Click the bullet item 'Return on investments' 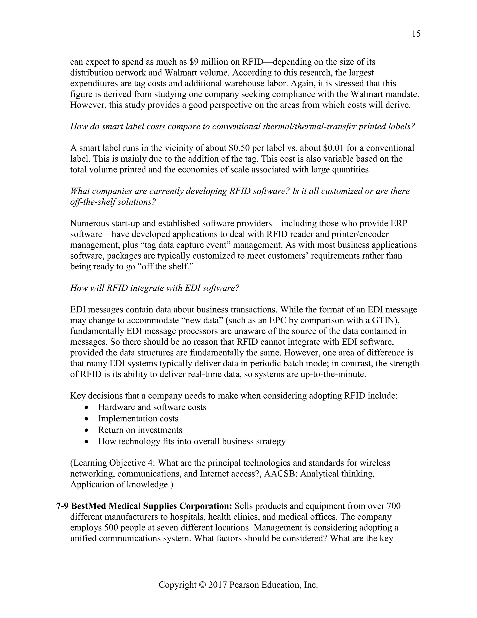pos(140,430)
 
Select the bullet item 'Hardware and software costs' pos(152,407)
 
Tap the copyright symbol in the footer pos(202,583)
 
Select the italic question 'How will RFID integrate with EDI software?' pos(155,288)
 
